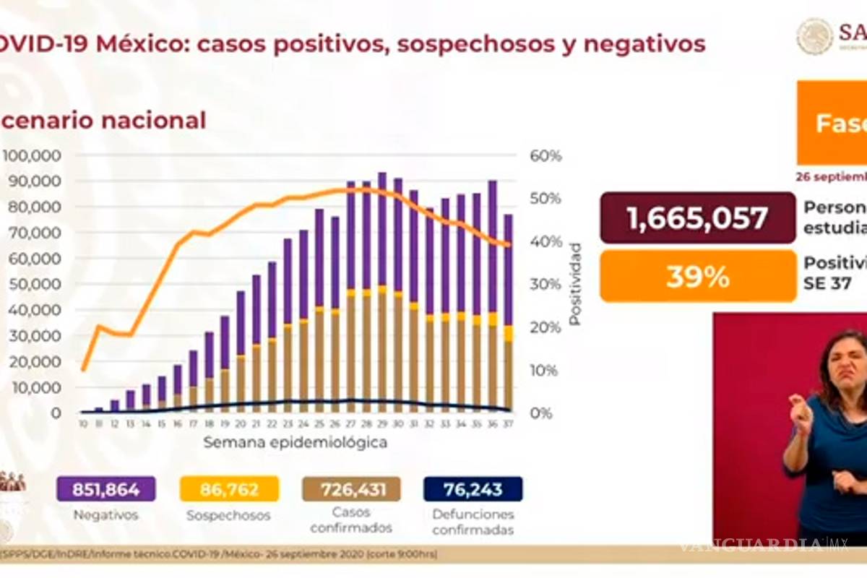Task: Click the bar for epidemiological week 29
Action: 382,292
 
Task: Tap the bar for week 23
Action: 288,325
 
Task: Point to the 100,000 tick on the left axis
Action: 43,156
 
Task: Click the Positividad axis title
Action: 575,284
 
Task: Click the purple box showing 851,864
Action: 106,489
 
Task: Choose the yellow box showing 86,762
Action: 228,489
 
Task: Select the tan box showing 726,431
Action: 351,489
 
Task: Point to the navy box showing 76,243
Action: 473,489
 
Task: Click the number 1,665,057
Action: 697,217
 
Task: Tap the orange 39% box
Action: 697,276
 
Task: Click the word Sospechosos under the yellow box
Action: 228,516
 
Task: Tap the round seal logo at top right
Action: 815,36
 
